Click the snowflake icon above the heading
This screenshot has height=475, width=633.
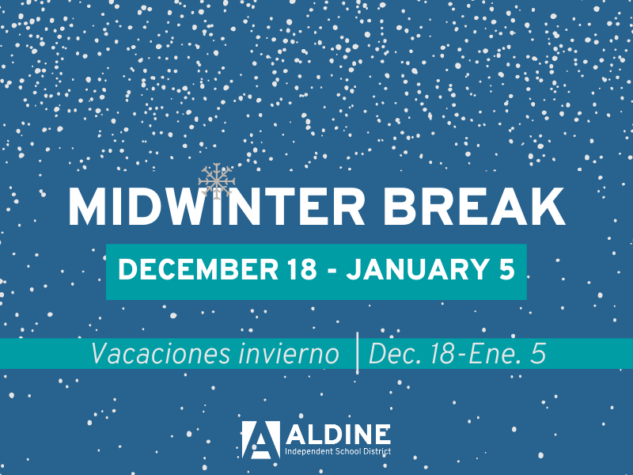[x=216, y=181]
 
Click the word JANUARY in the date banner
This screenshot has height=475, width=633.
[x=409, y=269]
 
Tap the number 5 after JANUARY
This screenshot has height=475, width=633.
[x=506, y=269]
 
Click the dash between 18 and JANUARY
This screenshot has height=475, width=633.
[x=333, y=271]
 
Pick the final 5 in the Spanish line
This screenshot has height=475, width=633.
[x=538, y=354]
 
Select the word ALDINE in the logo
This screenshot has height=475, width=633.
[x=337, y=434]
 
